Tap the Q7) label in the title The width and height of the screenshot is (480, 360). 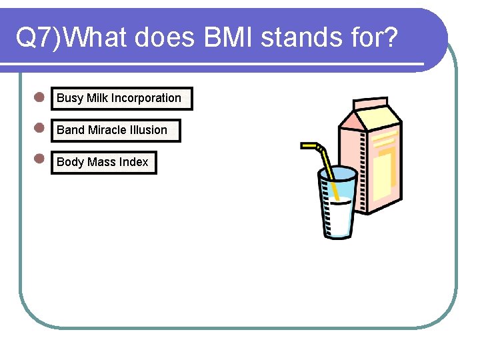[39, 39]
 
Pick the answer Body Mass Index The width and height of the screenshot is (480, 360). [103, 162]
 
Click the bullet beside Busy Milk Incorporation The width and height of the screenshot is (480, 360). [39, 97]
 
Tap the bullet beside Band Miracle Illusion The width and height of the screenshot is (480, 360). [39, 128]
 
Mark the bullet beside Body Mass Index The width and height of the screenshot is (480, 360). [39, 159]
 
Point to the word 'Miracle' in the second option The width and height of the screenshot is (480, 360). [108, 130]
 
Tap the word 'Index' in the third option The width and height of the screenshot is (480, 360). [134, 162]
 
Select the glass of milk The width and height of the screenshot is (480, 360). [337, 207]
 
